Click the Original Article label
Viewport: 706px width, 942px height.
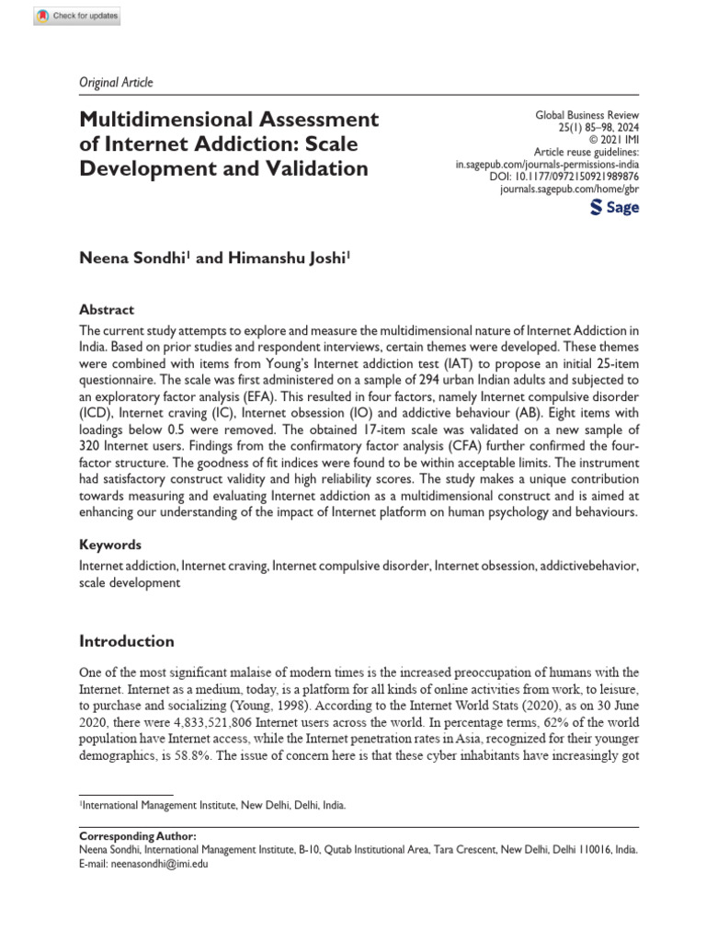[116, 82]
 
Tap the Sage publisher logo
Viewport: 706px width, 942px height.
[614, 208]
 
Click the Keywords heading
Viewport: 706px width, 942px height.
[111, 545]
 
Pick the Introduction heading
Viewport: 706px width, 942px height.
[126, 641]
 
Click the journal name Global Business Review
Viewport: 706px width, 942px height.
[586, 114]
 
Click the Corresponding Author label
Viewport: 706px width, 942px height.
[138, 835]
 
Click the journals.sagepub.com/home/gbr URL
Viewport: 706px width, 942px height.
[569, 188]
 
